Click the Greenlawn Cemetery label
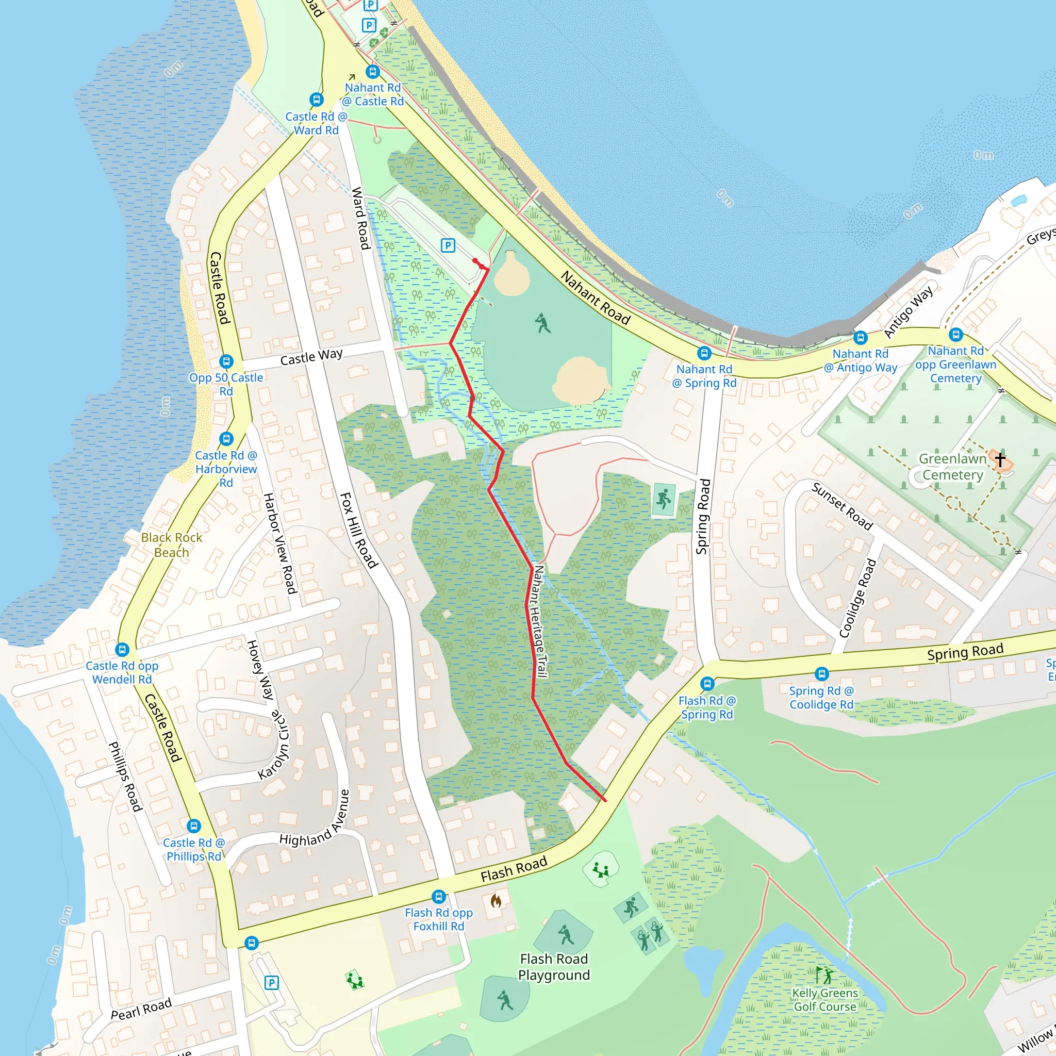click(952, 467)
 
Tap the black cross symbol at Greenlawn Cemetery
click(1000, 459)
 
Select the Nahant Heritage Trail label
click(539, 621)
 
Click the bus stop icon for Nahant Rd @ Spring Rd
click(704, 354)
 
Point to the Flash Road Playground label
click(554, 967)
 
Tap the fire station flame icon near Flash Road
click(496, 901)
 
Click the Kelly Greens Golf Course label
click(825, 1000)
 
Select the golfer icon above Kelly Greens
click(823, 975)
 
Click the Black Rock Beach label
click(171, 545)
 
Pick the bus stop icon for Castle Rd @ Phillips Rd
click(193, 826)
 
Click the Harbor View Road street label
click(280, 543)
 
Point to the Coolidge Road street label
click(857, 599)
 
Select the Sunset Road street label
click(841, 506)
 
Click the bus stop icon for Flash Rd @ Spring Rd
click(707, 683)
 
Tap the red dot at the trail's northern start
click(475, 261)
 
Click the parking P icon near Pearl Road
click(272, 983)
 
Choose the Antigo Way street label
click(909, 312)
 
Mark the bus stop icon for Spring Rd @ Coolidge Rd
click(821, 674)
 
